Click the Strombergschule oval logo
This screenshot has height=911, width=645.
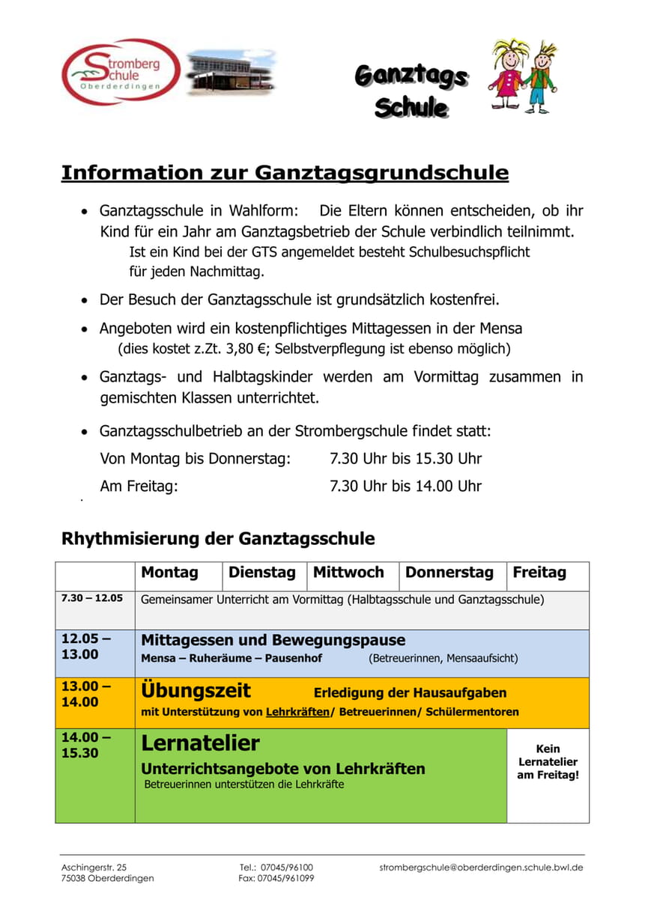(x=121, y=72)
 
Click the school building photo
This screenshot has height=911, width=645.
(x=230, y=72)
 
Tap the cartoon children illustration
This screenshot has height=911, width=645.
(x=524, y=77)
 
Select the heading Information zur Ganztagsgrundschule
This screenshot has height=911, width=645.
(x=285, y=173)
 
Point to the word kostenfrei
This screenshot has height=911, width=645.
(x=464, y=300)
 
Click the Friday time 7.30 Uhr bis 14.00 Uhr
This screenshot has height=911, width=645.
(x=405, y=486)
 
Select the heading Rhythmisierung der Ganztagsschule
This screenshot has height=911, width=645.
(x=217, y=538)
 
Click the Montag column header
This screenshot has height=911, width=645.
(x=170, y=573)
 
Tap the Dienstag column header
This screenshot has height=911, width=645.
(x=262, y=573)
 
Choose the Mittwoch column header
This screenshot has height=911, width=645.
(x=348, y=573)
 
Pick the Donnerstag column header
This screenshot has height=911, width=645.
(x=449, y=573)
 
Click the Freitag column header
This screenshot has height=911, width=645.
(x=539, y=573)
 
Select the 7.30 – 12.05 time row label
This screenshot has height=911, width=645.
(x=92, y=599)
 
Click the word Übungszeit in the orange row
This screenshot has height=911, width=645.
(x=196, y=690)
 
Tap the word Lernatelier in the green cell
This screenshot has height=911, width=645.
(x=201, y=743)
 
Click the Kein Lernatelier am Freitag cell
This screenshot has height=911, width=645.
(x=548, y=762)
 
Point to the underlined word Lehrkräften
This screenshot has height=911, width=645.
(x=297, y=712)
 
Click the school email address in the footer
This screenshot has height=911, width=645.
(x=481, y=868)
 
